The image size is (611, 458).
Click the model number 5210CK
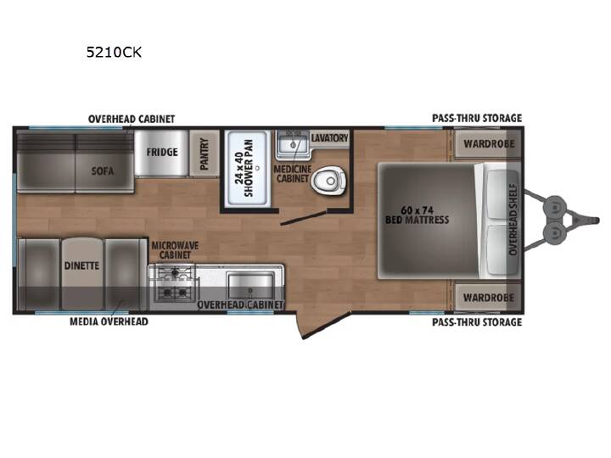click(x=114, y=53)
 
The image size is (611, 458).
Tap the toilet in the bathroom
click(x=328, y=181)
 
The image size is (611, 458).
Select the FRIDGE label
click(x=162, y=152)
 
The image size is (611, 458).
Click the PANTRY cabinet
click(x=205, y=154)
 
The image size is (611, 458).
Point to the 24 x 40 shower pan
click(x=248, y=168)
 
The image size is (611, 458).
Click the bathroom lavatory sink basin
click(x=293, y=145)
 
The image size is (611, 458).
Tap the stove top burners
click(x=175, y=283)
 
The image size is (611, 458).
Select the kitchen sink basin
click(x=251, y=286)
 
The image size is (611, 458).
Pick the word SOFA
click(x=103, y=171)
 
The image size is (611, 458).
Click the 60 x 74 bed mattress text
click(x=417, y=215)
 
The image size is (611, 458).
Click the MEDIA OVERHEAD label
click(x=109, y=321)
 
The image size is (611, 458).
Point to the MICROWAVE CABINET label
click(x=175, y=250)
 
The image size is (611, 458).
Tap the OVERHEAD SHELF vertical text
click(x=513, y=220)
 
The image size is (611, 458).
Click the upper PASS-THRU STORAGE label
click(x=477, y=118)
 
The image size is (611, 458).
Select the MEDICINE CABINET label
click(x=292, y=174)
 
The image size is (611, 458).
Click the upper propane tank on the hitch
click(x=555, y=205)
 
